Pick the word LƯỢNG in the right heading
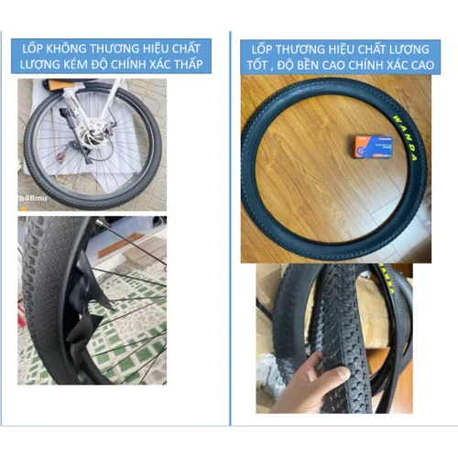[x=396, y=47]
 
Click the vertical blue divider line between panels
[x=229, y=229]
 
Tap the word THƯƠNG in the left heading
[x=118, y=47]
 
